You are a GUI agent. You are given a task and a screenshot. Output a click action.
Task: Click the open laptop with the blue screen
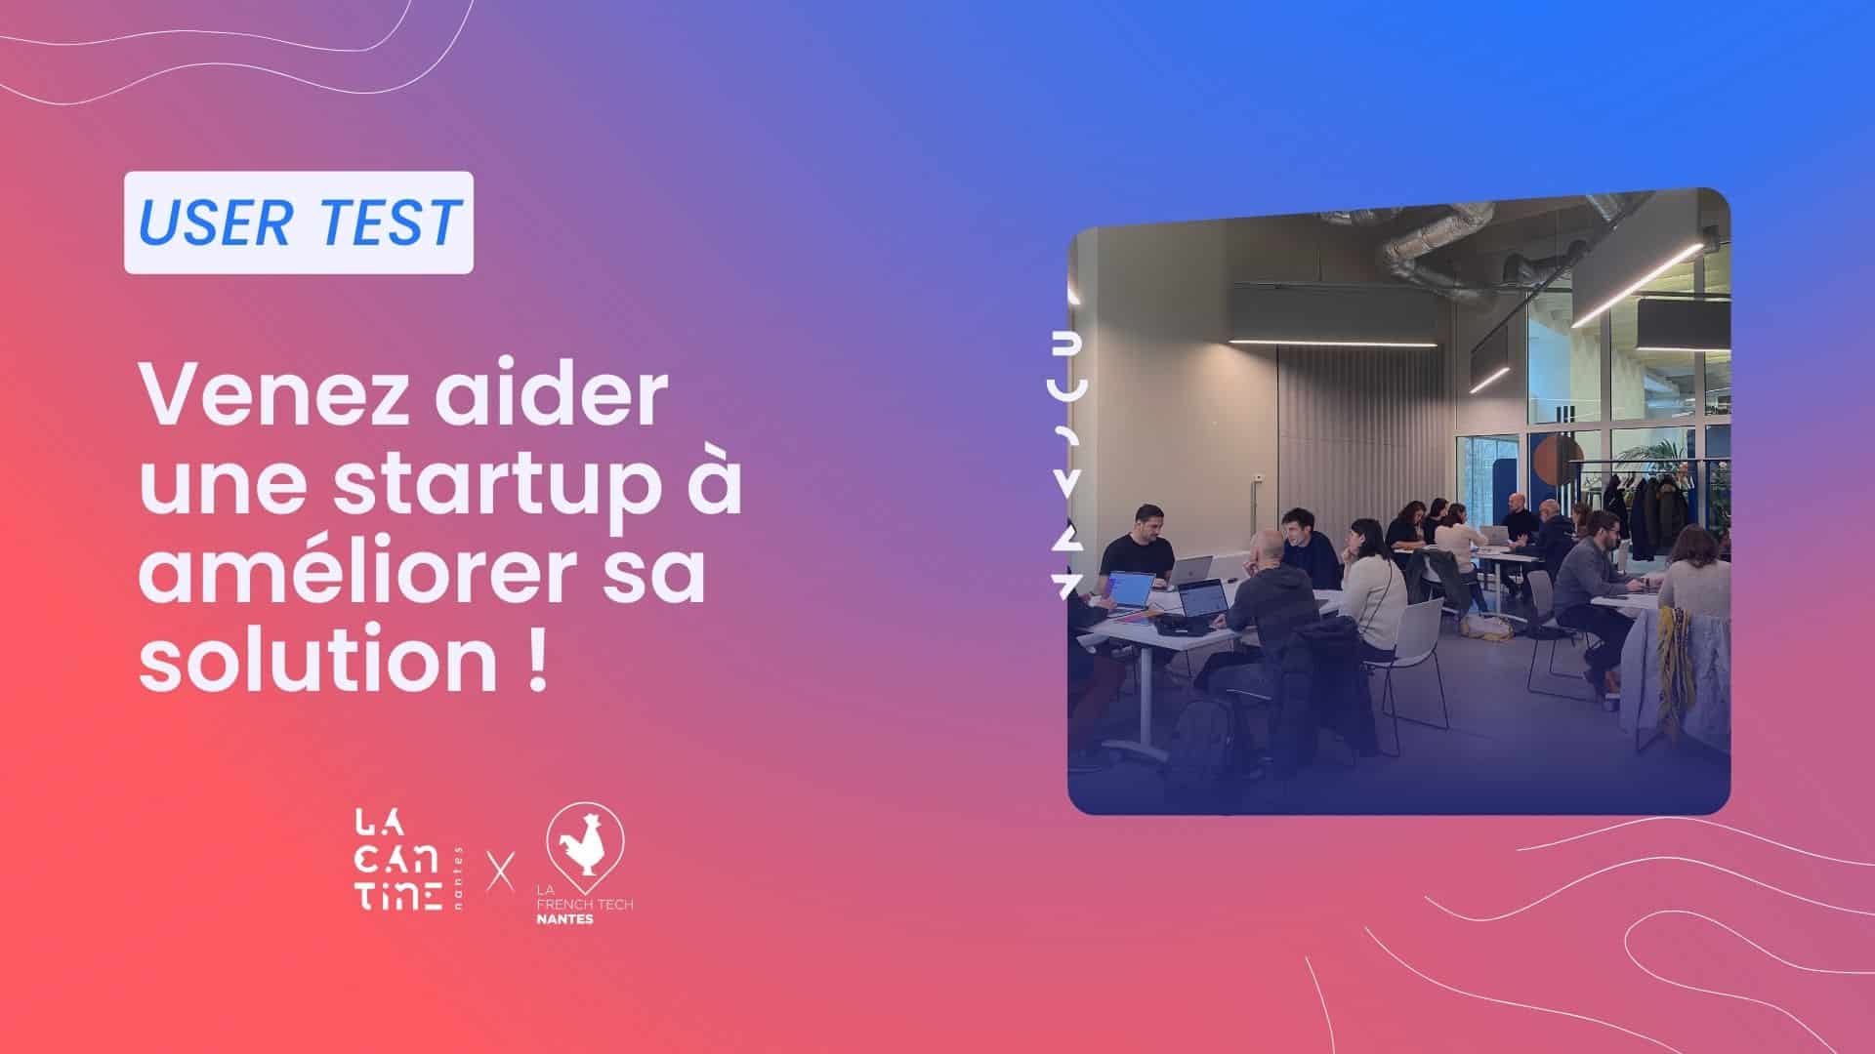click(1131, 589)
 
